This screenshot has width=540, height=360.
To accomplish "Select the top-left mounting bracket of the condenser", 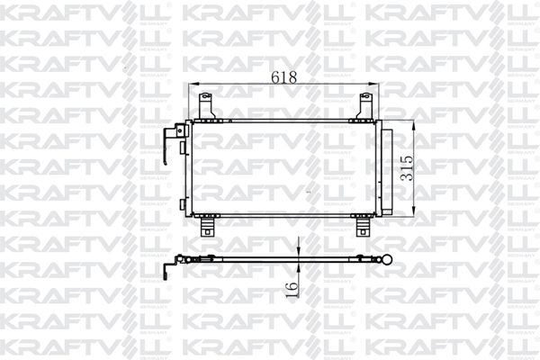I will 201,105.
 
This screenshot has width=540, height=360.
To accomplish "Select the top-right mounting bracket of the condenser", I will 365,104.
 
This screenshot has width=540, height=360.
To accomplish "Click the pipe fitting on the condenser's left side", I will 169,143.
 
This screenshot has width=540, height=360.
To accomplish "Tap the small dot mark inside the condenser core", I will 309,193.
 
